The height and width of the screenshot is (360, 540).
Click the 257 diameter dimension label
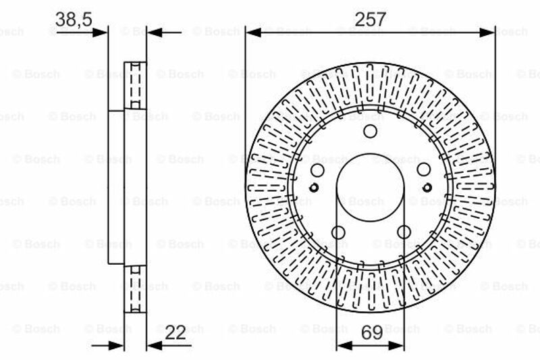click(x=371, y=19)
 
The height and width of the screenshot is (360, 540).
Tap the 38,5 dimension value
click(x=74, y=20)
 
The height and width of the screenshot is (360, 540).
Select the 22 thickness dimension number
click(x=175, y=332)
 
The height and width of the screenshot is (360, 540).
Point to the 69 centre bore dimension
click(x=372, y=332)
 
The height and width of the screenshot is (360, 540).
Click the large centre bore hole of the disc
click(x=370, y=188)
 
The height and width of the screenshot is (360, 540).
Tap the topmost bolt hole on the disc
click(x=370, y=131)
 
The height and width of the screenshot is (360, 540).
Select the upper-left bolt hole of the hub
click(x=317, y=170)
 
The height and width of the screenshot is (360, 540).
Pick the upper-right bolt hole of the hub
click(x=424, y=170)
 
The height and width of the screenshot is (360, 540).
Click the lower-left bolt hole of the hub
click(x=338, y=232)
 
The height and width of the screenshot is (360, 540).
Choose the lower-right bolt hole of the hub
click(x=404, y=232)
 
